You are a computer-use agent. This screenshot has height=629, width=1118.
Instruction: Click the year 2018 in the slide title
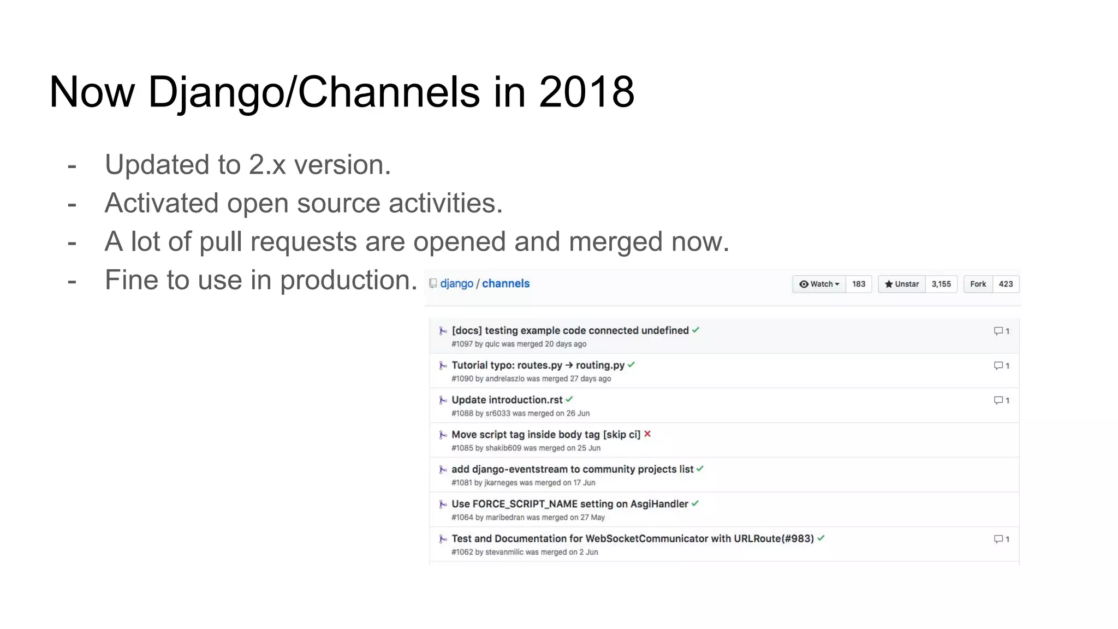pyautogui.click(x=586, y=92)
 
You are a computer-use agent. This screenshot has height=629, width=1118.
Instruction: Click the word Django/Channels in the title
pyautogui.click(x=314, y=92)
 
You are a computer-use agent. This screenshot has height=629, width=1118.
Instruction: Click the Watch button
pyautogui.click(x=819, y=284)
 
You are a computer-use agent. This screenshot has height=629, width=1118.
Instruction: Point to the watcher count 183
pyautogui.click(x=859, y=284)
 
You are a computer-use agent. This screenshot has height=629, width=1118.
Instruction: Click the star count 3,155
pyautogui.click(x=941, y=284)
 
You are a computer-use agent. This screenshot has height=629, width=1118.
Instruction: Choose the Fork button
pyautogui.click(x=978, y=284)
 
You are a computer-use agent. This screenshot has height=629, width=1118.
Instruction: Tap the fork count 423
pyautogui.click(x=1006, y=284)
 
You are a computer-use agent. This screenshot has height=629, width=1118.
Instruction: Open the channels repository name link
pyautogui.click(x=506, y=283)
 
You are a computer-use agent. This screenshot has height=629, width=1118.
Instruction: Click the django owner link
pyautogui.click(x=456, y=283)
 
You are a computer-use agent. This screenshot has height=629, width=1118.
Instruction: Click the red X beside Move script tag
pyautogui.click(x=647, y=434)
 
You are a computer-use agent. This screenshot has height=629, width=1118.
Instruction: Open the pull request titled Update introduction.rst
pyautogui.click(x=507, y=400)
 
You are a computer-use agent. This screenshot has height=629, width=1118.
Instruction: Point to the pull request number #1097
pyautogui.click(x=462, y=344)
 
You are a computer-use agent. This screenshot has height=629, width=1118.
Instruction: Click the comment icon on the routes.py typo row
pyautogui.click(x=998, y=366)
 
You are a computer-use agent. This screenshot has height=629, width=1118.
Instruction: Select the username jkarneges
pyautogui.click(x=501, y=483)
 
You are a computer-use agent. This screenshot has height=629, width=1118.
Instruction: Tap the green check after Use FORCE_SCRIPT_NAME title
pyautogui.click(x=695, y=503)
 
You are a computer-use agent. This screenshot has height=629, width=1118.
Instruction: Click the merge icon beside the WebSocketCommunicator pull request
pyautogui.click(x=443, y=539)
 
